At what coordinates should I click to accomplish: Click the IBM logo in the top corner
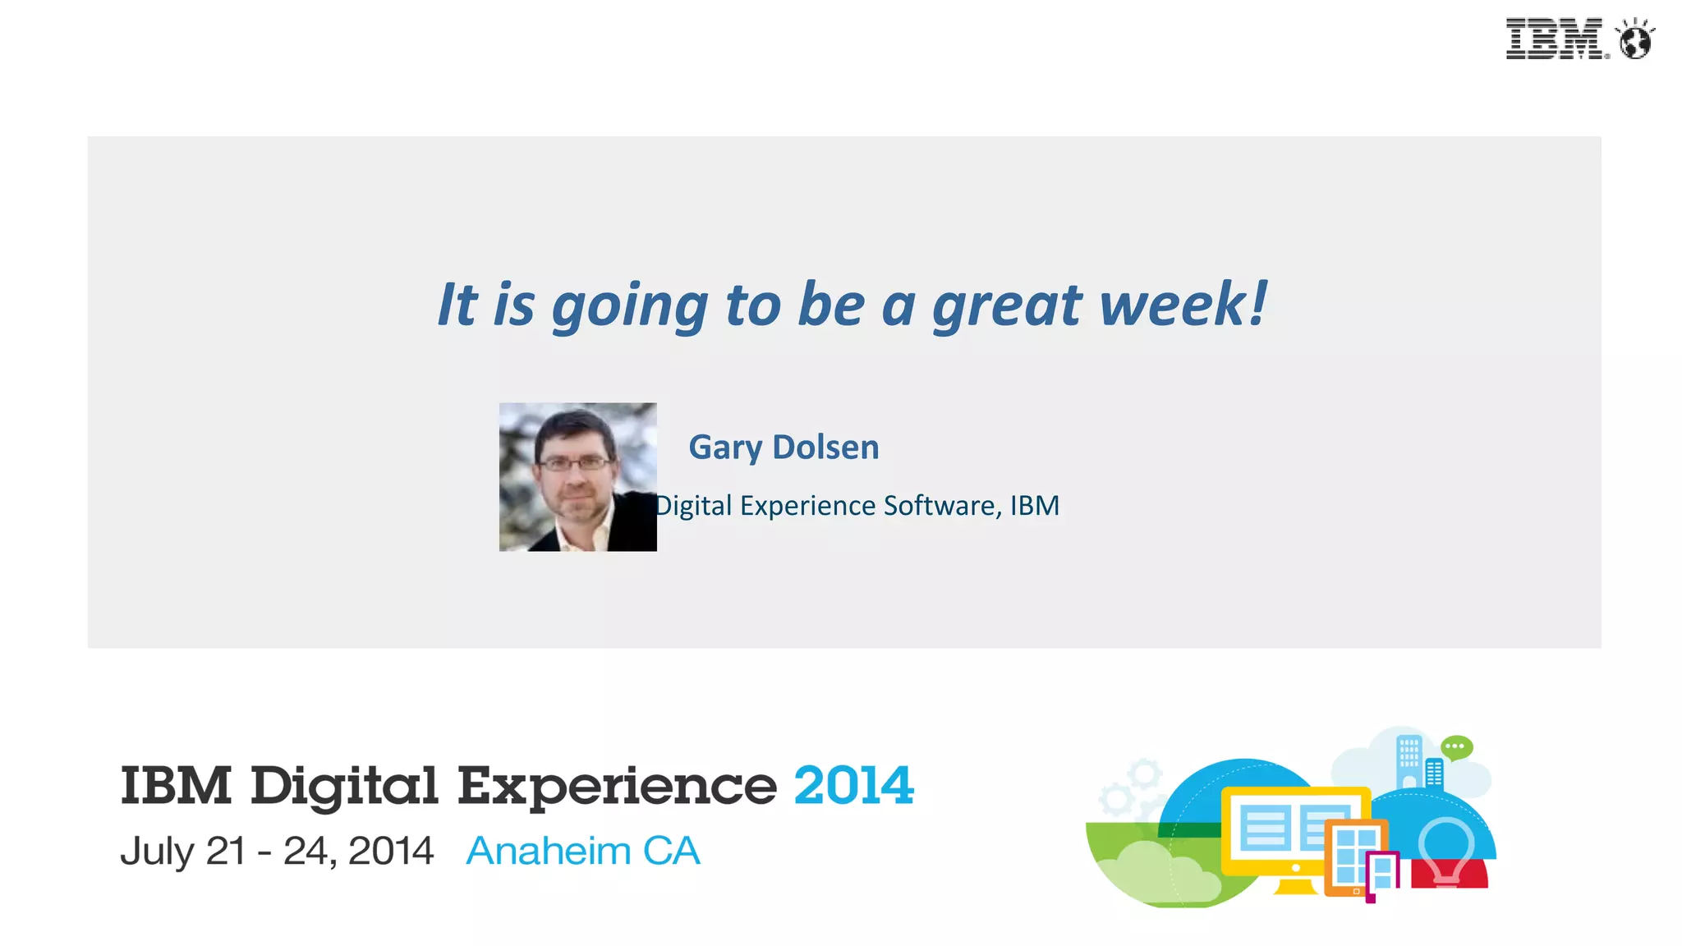click(x=1555, y=39)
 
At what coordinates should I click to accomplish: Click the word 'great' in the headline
click(x=1008, y=305)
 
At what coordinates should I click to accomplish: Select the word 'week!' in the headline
click(x=1183, y=304)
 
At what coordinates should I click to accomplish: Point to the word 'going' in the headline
click(x=629, y=307)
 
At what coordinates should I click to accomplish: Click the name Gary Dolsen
click(x=784, y=448)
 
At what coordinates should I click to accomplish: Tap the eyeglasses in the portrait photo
click(x=574, y=464)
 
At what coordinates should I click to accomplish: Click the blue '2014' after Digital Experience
click(x=853, y=786)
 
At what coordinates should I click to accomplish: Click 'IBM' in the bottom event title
click(x=176, y=786)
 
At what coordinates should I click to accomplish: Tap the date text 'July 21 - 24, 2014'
click(x=277, y=851)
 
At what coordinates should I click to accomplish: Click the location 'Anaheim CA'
click(x=583, y=851)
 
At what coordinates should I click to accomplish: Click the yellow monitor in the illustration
click(x=1269, y=829)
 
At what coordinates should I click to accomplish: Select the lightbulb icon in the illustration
click(x=1446, y=850)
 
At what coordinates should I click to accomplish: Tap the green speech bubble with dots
click(x=1457, y=747)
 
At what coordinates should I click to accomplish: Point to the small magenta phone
click(x=1383, y=875)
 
